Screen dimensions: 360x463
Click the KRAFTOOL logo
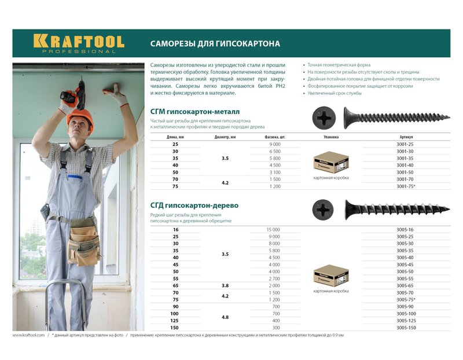tap(78, 43)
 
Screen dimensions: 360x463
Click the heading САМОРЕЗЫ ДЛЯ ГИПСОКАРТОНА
tap(215, 43)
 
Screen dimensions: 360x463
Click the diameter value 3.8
tap(225, 285)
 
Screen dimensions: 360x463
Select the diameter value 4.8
tap(225, 317)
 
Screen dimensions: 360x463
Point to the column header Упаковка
tap(330, 137)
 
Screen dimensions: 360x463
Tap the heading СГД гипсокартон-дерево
tap(194, 205)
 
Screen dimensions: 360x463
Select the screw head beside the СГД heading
tap(323, 209)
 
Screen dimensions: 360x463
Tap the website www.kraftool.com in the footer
tap(28, 335)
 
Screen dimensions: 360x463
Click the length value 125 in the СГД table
tap(175, 321)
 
